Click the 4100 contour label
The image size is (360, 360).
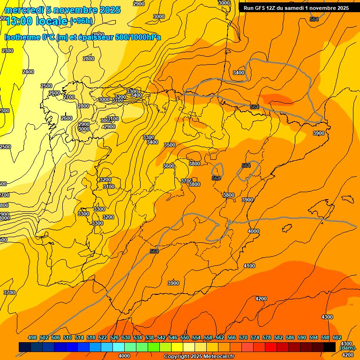click(249, 266)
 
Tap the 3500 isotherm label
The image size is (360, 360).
click(170, 145)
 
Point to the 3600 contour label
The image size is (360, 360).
click(169, 166)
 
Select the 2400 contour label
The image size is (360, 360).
click(28, 72)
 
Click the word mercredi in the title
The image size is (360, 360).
click(23, 10)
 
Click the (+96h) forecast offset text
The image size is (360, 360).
click(81, 21)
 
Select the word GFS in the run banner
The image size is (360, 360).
click(259, 8)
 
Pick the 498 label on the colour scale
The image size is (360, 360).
click(32, 337)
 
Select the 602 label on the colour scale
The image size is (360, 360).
click(337, 337)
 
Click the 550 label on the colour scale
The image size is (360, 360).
click(185, 337)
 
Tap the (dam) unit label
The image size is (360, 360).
click(347, 348)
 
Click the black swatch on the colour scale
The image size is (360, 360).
click(330, 347)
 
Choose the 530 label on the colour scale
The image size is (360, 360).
click(126, 337)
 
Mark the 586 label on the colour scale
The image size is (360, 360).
click(290, 337)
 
